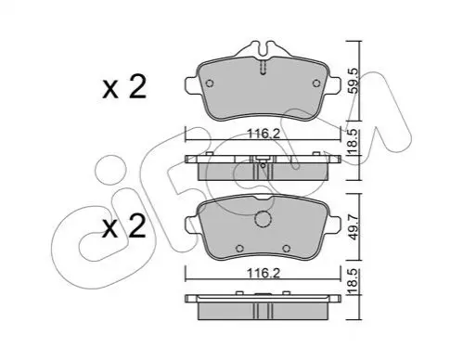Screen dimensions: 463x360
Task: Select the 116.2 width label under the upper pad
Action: pyautogui.click(x=264, y=134)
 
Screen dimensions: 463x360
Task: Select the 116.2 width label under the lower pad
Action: pyautogui.click(x=264, y=274)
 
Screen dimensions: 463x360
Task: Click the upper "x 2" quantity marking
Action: pyautogui.click(x=124, y=87)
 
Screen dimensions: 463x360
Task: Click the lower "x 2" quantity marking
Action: pyautogui.click(x=124, y=226)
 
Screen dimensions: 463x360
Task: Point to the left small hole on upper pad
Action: pyautogui.click(x=210, y=84)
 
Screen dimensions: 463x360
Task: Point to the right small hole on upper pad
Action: pyautogui.click(x=316, y=84)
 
